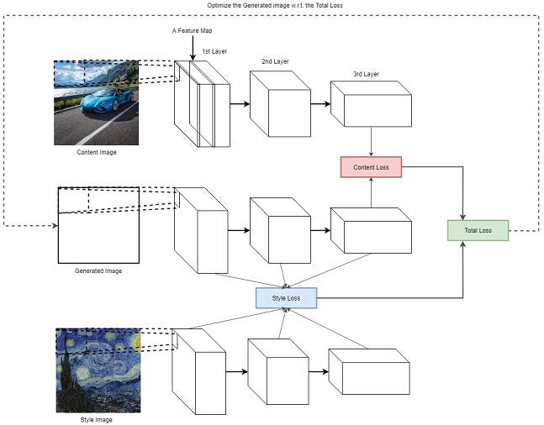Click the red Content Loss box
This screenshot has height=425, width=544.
point(371,167)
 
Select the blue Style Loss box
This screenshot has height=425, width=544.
point(286,296)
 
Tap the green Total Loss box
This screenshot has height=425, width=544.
point(478,230)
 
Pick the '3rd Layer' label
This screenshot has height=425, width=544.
point(366,74)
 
